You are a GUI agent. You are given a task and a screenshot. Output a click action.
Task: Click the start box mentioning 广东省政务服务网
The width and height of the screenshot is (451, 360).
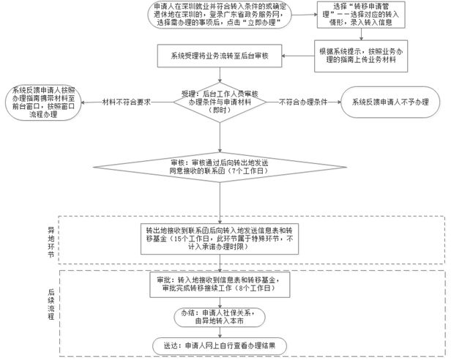(x=220, y=15)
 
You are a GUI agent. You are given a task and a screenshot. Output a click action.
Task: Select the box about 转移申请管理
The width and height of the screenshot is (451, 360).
(x=361, y=15)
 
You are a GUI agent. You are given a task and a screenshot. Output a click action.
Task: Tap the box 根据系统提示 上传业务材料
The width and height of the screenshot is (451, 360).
(x=361, y=56)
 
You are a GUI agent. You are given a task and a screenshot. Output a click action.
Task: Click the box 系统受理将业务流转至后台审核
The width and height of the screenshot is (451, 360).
(x=220, y=56)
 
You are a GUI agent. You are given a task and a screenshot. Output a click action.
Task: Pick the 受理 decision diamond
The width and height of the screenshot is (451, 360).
(x=220, y=102)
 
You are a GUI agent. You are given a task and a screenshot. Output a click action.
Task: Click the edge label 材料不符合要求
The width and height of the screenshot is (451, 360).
(x=127, y=102)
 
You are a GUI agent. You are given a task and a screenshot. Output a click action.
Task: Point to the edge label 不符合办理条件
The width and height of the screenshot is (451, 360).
(x=303, y=102)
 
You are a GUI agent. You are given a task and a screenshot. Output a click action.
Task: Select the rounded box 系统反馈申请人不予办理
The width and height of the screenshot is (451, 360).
(x=390, y=102)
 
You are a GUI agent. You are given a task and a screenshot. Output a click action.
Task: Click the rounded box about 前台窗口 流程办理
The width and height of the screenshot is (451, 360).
(x=43, y=102)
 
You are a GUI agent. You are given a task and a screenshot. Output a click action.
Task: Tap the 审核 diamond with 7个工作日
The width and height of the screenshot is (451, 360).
(x=220, y=167)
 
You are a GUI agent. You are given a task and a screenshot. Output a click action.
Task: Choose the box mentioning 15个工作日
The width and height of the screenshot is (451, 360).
(x=220, y=239)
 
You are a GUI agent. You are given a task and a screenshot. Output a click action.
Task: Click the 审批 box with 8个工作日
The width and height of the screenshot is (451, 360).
(x=220, y=285)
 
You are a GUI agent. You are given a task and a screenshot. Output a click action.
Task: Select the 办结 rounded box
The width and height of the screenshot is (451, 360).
(x=220, y=317)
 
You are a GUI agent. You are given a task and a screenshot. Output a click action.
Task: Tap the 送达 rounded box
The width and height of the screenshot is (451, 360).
(x=220, y=346)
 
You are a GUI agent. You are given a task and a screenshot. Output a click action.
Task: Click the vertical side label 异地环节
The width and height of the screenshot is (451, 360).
(x=51, y=242)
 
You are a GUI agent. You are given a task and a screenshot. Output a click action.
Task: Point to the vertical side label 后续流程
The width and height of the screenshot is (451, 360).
(x=51, y=304)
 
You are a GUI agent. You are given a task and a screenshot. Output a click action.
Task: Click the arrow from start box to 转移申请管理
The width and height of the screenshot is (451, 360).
(x=305, y=15)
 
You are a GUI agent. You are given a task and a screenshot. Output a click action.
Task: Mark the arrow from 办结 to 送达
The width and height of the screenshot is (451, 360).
(x=220, y=332)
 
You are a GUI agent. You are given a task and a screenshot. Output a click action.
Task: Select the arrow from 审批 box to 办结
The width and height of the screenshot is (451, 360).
(x=220, y=302)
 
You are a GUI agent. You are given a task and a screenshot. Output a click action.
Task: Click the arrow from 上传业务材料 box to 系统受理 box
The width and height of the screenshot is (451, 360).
(x=298, y=56)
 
